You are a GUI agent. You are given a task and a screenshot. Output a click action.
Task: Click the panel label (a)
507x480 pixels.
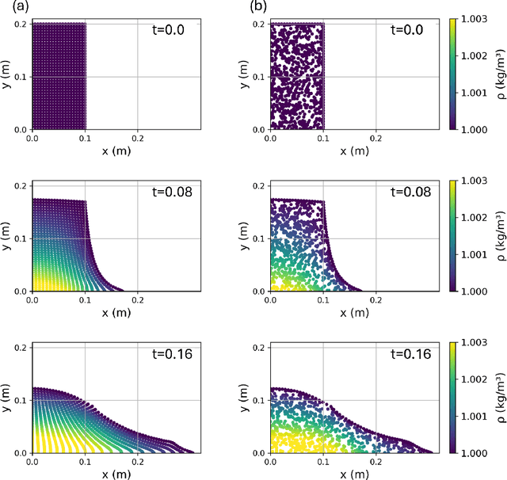coord(10,7)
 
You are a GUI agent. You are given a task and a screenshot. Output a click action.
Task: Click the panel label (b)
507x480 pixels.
coord(258,7)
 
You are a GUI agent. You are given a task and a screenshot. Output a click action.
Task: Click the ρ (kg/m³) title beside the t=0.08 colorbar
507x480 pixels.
coord(501,234)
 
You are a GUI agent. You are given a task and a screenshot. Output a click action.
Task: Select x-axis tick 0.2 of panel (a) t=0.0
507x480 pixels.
coord(139,138)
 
